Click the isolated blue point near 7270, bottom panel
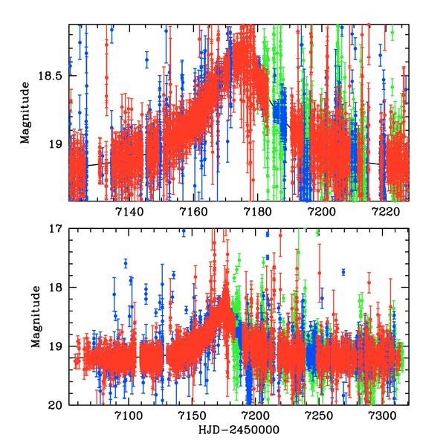point(343,272)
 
